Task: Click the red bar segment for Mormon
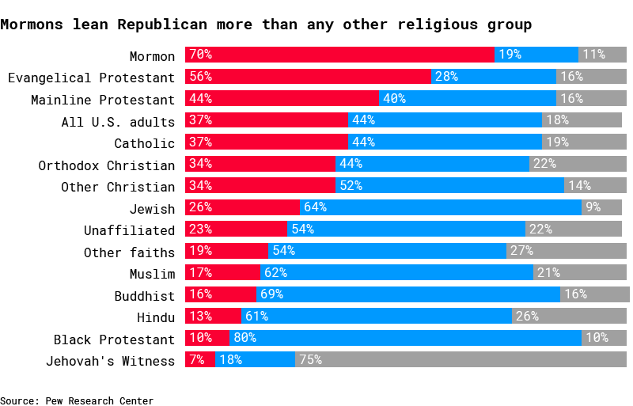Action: pos(340,55)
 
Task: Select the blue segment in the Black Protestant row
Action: pos(405,339)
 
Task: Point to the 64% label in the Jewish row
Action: pos(314,208)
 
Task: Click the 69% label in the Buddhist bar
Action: pos(271,295)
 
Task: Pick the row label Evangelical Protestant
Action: pos(91,78)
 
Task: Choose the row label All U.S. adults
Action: pos(118,121)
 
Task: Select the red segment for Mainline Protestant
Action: pos(282,99)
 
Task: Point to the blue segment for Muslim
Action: pos(396,273)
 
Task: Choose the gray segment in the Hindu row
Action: pos(569,317)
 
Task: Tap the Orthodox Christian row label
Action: pos(107,165)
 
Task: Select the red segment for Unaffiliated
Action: pos(236,230)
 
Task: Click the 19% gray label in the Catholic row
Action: pos(556,143)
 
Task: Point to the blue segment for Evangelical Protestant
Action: pos(494,77)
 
